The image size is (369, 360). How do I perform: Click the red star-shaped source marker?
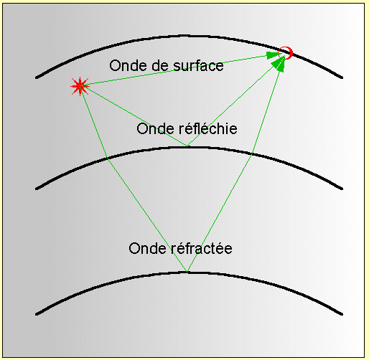coord(80,86)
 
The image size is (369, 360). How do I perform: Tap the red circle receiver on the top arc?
coord(286,53)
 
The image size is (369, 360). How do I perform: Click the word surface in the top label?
coord(198,66)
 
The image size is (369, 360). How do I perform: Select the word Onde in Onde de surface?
coord(128,65)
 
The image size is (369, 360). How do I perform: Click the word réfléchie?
coord(208,128)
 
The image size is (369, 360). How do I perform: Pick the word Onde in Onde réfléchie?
coord(155,128)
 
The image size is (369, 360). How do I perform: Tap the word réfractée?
coord(202,248)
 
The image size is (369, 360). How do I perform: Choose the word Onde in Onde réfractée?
coord(147,248)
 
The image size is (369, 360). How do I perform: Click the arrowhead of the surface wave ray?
coord(273,55)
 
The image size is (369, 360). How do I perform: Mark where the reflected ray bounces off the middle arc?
coord(187,146)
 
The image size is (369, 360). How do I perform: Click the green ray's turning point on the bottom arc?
coord(187,272)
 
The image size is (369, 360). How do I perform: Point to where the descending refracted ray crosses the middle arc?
coord(108,158)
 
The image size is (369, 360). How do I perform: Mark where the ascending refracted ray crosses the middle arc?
coord(251,155)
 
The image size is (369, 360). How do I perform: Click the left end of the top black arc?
coord(37,77)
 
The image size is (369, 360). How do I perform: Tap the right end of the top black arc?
coord(342,77)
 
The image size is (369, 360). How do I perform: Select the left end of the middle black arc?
coord(37,189)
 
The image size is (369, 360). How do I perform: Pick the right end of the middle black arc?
coord(342,189)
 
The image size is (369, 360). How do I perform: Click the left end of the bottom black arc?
coord(37,314)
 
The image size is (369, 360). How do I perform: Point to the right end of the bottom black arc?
coord(342,314)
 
